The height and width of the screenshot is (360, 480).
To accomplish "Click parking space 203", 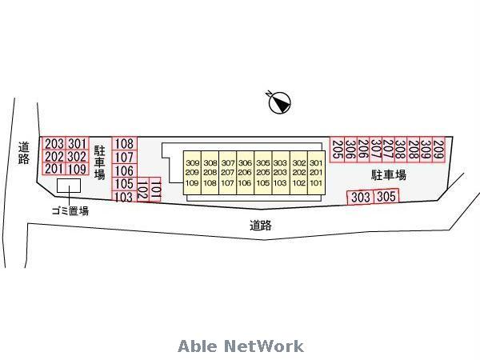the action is click(54, 143).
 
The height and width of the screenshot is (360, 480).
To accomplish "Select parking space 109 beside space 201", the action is click(77, 169).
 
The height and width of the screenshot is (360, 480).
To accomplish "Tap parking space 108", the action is click(125, 143).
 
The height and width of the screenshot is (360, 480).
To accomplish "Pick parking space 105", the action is click(125, 184).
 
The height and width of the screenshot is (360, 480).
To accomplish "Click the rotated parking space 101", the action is click(155, 190).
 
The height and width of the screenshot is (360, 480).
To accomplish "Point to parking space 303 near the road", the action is click(360, 198).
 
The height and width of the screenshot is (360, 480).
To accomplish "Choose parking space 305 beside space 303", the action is click(386, 196).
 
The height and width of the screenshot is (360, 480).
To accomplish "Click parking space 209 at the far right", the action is click(438, 150).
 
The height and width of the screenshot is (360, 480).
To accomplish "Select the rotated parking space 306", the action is click(351, 150).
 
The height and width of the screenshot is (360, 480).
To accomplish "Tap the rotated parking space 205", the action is click(338, 150).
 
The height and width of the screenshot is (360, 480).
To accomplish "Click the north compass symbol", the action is click(279, 102).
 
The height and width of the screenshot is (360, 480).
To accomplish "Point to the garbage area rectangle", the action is click(69, 186).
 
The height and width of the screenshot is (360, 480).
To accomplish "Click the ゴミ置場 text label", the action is click(70, 211).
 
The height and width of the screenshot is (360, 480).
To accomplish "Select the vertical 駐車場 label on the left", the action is click(100, 162).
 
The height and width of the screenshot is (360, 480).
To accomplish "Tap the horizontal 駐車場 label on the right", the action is click(389, 175).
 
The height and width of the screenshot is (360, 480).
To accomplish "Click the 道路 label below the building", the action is click(261, 226).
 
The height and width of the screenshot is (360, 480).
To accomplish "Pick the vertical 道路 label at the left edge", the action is click(24, 153).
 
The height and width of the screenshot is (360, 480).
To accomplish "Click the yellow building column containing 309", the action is click(192, 173).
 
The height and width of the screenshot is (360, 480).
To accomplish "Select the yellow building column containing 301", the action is click(316, 173).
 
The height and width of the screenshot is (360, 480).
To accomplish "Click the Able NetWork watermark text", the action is click(241, 346).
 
